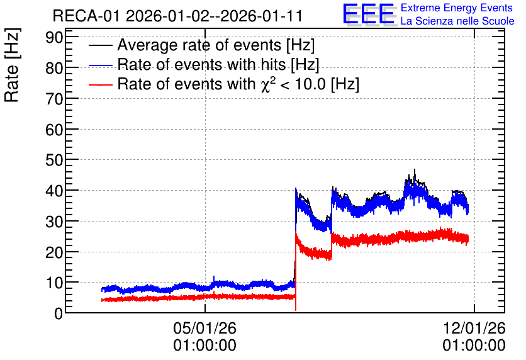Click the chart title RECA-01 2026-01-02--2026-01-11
point(177,16)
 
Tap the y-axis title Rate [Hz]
point(12,65)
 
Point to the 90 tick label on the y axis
point(54,37)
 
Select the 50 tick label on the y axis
point(54,160)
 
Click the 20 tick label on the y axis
point(54,252)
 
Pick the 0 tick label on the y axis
point(59,313)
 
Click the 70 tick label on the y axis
point(54,99)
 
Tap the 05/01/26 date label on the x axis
point(204,328)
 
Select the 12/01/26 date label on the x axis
point(474,328)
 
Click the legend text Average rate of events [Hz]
point(216,45)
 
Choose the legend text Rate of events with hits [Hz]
point(218,64)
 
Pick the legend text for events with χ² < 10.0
point(238,84)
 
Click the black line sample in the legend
point(101,45)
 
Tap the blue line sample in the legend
point(101,65)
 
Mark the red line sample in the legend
point(101,84)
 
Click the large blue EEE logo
point(368,14)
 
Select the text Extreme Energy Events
point(457,8)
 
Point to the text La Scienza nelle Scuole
point(457,21)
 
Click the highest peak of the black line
point(415,169)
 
